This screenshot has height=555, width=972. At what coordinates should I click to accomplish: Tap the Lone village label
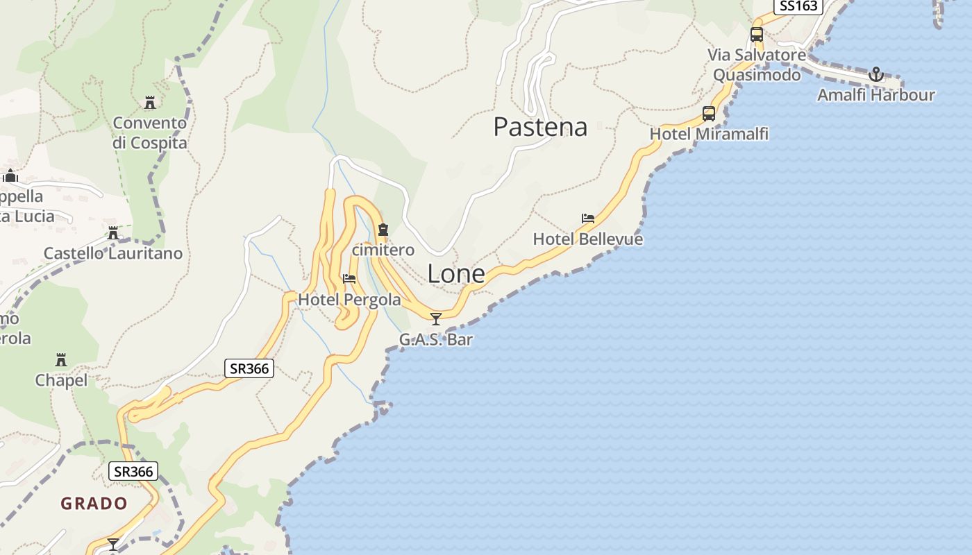point(456,274)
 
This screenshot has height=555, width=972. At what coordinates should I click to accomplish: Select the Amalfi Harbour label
point(875,95)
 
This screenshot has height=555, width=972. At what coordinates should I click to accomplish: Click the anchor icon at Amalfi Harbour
point(876,74)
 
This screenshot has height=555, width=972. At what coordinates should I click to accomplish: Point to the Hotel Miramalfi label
point(709,134)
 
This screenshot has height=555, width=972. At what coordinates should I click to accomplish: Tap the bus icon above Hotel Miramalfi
point(709,114)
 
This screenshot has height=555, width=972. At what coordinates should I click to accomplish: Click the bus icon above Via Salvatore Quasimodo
point(757,34)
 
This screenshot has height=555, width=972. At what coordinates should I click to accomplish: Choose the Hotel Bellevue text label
point(587,239)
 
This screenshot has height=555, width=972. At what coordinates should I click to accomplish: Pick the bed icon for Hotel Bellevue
point(588,219)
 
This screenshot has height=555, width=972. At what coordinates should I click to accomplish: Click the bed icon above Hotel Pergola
point(349,279)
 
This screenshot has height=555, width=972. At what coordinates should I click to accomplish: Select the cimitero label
point(383,250)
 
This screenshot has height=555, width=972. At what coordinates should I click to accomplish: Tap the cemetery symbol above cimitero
point(383,230)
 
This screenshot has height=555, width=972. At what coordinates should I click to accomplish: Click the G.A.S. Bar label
point(435,340)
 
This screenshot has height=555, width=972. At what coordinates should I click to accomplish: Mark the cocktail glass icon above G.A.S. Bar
point(436,319)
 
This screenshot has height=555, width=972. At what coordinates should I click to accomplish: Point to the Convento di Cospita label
point(150,133)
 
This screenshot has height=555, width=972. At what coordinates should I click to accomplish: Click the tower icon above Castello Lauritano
point(113,233)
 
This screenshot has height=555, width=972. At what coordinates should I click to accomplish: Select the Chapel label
point(61,380)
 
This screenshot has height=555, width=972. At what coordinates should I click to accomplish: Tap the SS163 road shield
point(798,6)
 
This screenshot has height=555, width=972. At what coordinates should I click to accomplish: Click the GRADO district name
point(94,504)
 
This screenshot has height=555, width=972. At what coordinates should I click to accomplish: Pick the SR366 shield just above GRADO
point(134,472)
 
